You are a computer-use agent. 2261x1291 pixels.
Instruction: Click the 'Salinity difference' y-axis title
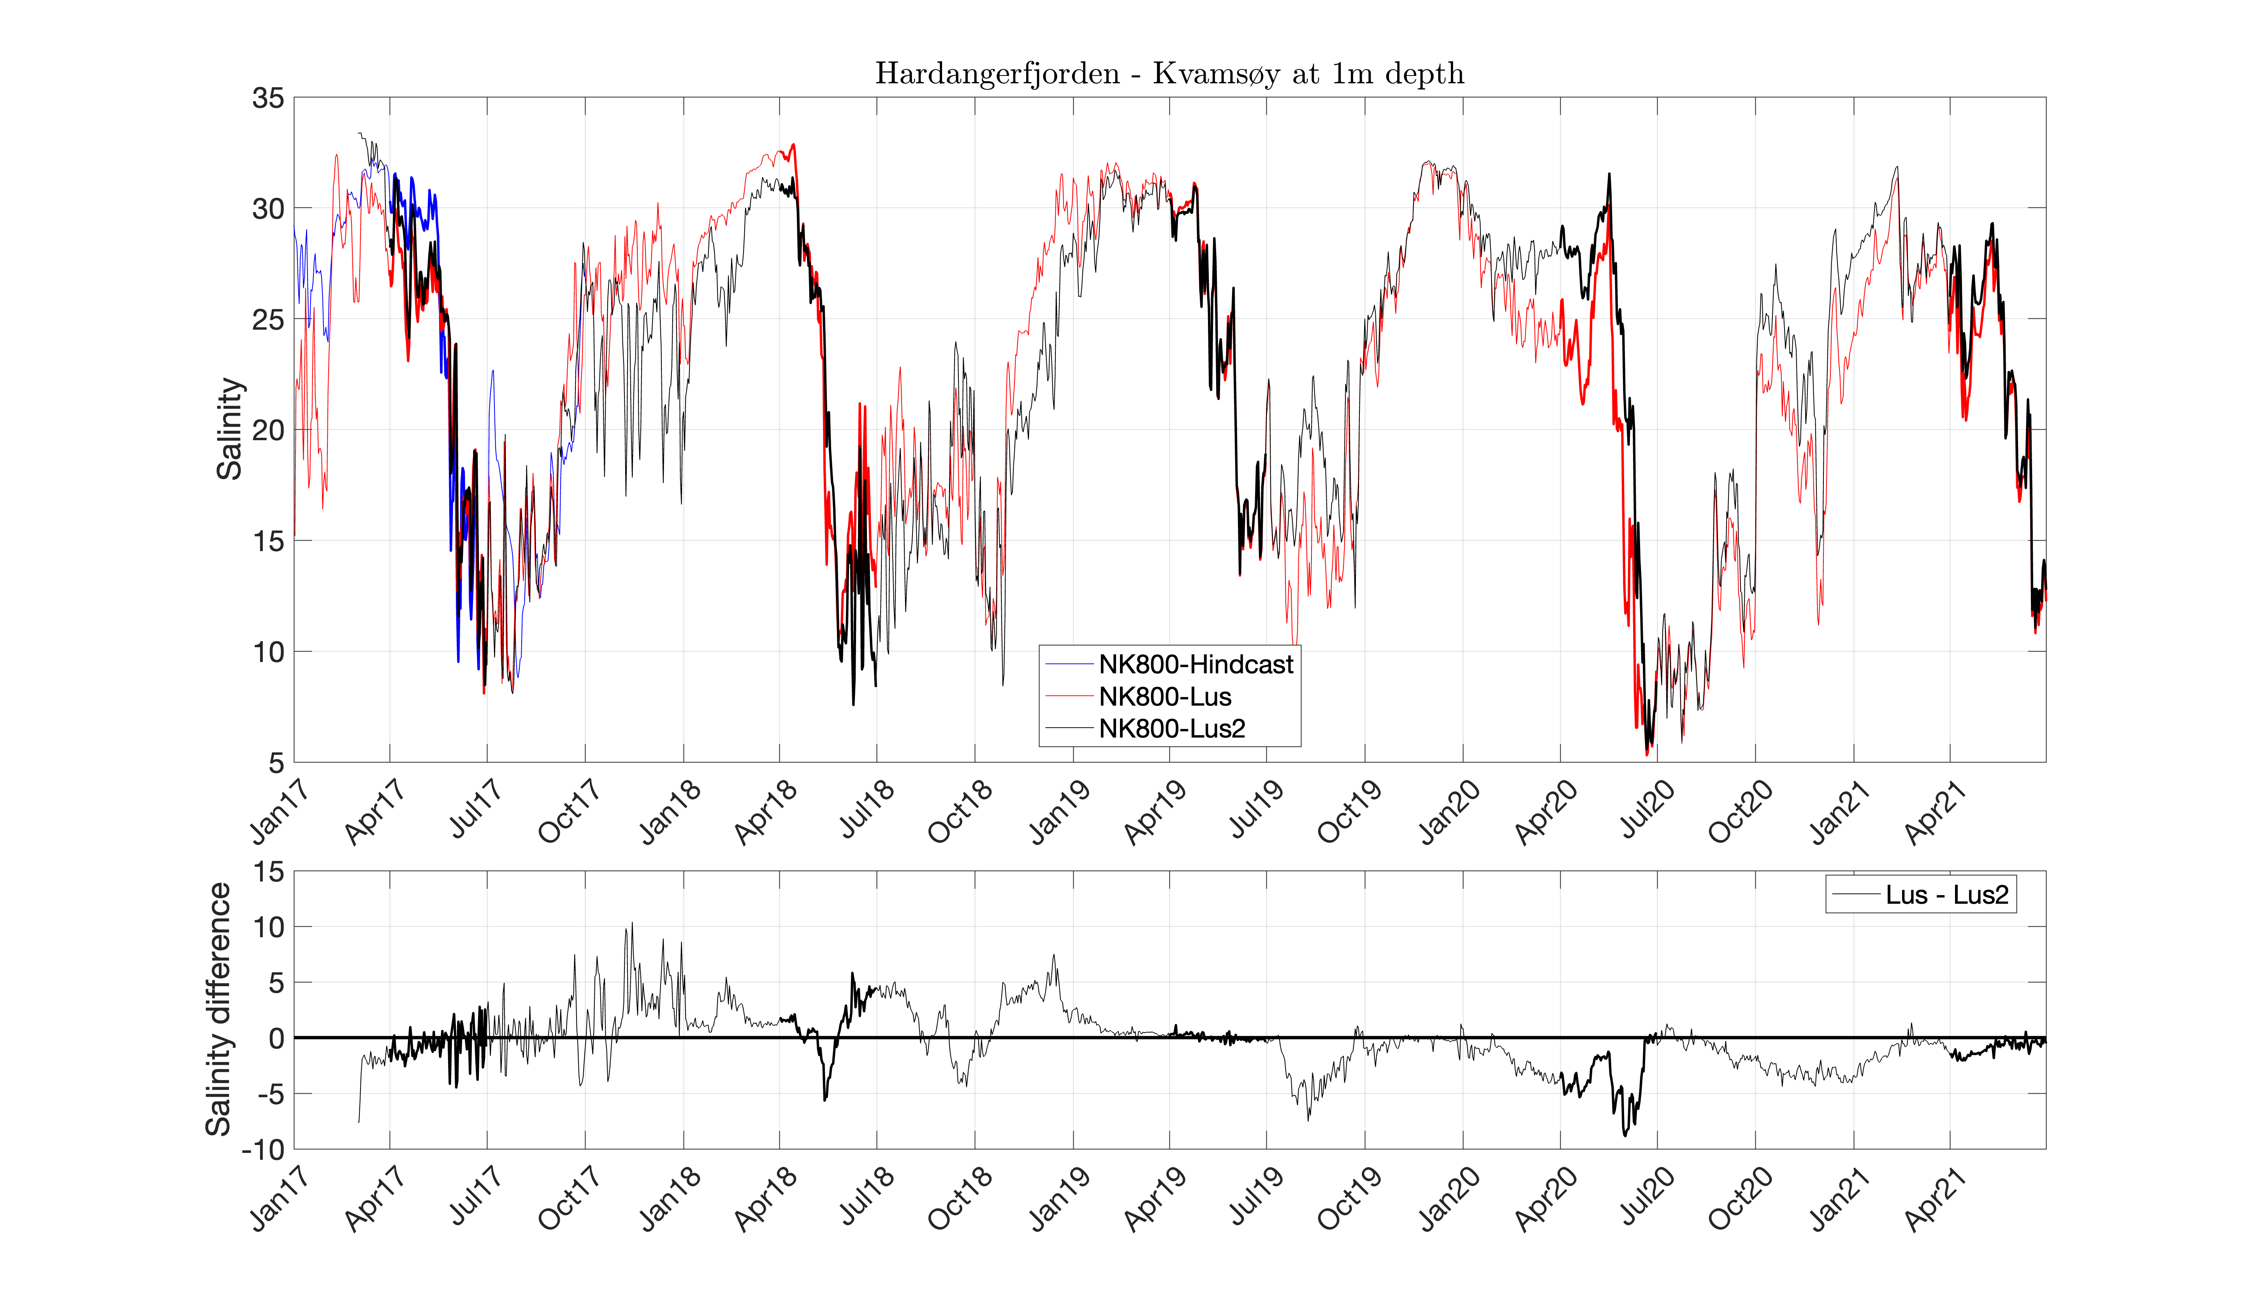tap(218, 1009)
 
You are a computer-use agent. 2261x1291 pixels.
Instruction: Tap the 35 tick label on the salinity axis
tap(268, 98)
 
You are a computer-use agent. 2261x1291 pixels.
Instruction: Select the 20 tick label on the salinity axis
tap(268, 431)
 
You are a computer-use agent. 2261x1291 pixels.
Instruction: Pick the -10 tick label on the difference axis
tap(263, 1150)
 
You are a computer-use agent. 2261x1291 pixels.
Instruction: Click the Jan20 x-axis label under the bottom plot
tap(1449, 1199)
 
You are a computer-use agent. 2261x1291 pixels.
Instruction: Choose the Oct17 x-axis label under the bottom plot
tap(569, 1199)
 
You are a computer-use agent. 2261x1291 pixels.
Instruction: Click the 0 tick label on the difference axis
tap(277, 1038)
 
